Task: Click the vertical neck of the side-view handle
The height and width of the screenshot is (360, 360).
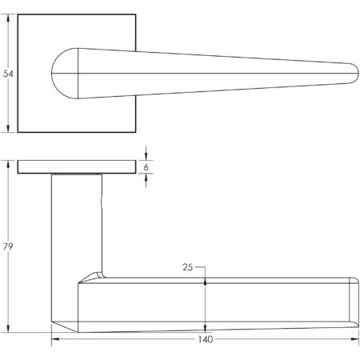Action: point(77,224)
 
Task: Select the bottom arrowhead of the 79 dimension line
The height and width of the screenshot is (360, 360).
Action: point(9,330)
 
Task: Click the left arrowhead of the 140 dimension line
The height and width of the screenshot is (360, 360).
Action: point(54,340)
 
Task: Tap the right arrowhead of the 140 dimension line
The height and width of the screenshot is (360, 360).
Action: point(356,340)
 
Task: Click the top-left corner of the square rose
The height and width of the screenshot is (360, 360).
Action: point(18,14)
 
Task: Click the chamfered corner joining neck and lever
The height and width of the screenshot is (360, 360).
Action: point(99,274)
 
